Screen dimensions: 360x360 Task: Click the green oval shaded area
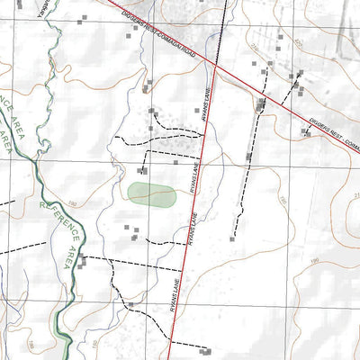tap(151, 194)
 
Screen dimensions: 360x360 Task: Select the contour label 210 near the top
tap(255, 46)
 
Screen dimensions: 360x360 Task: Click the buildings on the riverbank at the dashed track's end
tap(83, 261)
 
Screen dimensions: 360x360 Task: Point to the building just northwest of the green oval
tap(141, 170)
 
